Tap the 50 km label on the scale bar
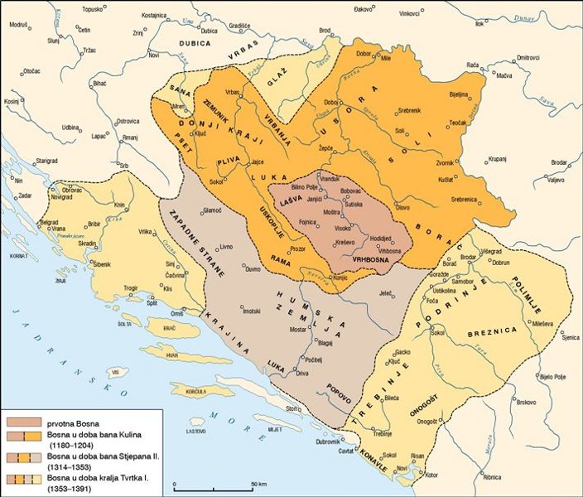tap(258, 483)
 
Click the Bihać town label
tap(98, 84)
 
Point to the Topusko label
tap(92, 10)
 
